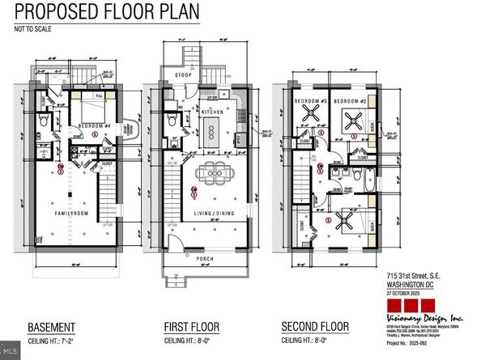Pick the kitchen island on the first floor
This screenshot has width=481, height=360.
[x=214, y=129]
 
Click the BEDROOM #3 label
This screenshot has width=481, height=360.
[x=312, y=100]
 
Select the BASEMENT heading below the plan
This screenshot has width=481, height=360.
[x=53, y=328]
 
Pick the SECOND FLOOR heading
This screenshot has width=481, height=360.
[x=316, y=328]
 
